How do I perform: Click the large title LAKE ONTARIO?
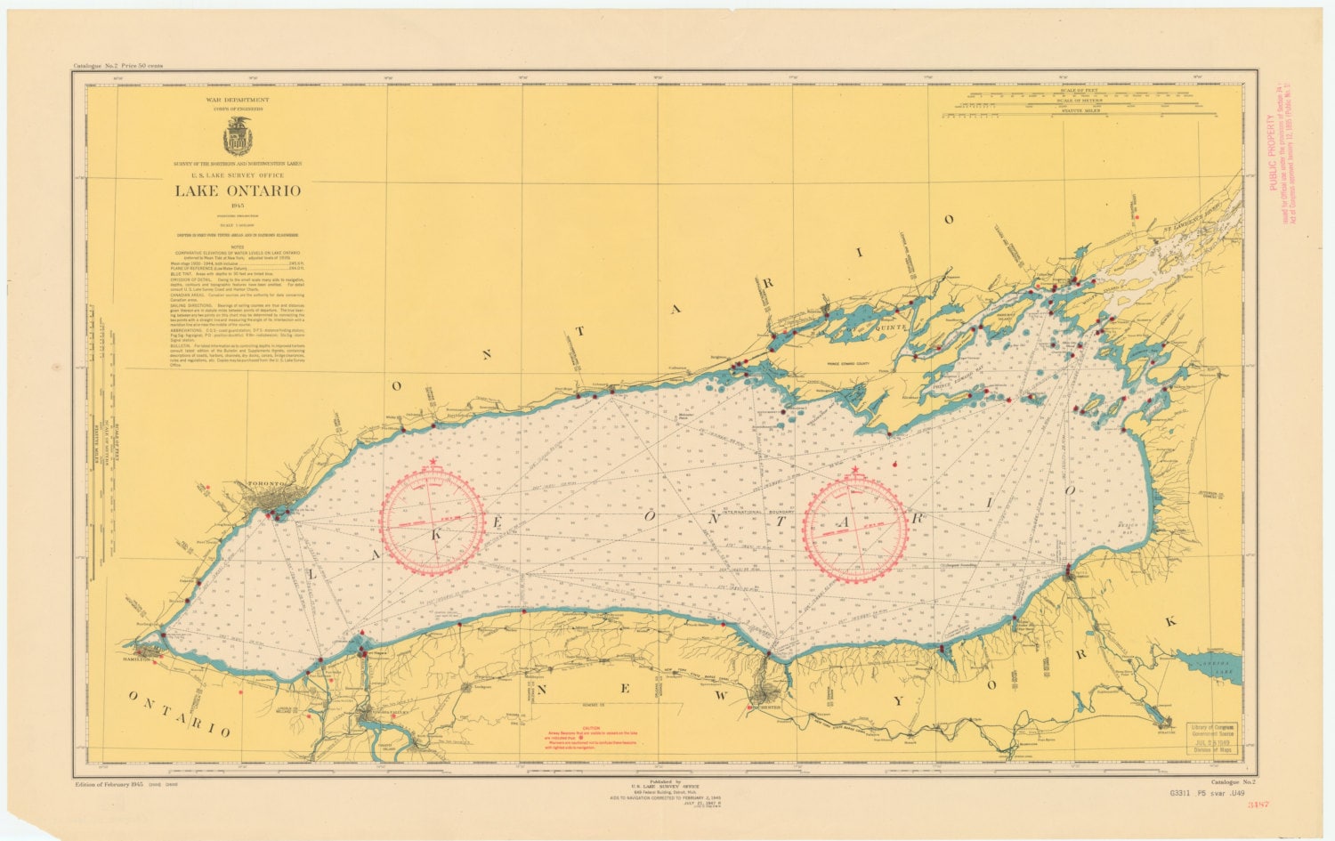pos(237,190)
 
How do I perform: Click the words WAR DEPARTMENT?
pos(237,100)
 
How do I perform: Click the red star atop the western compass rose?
pos(433,462)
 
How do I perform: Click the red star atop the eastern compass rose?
pos(855,469)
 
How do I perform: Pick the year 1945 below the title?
pos(237,206)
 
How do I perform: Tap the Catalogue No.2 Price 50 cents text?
pos(118,66)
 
